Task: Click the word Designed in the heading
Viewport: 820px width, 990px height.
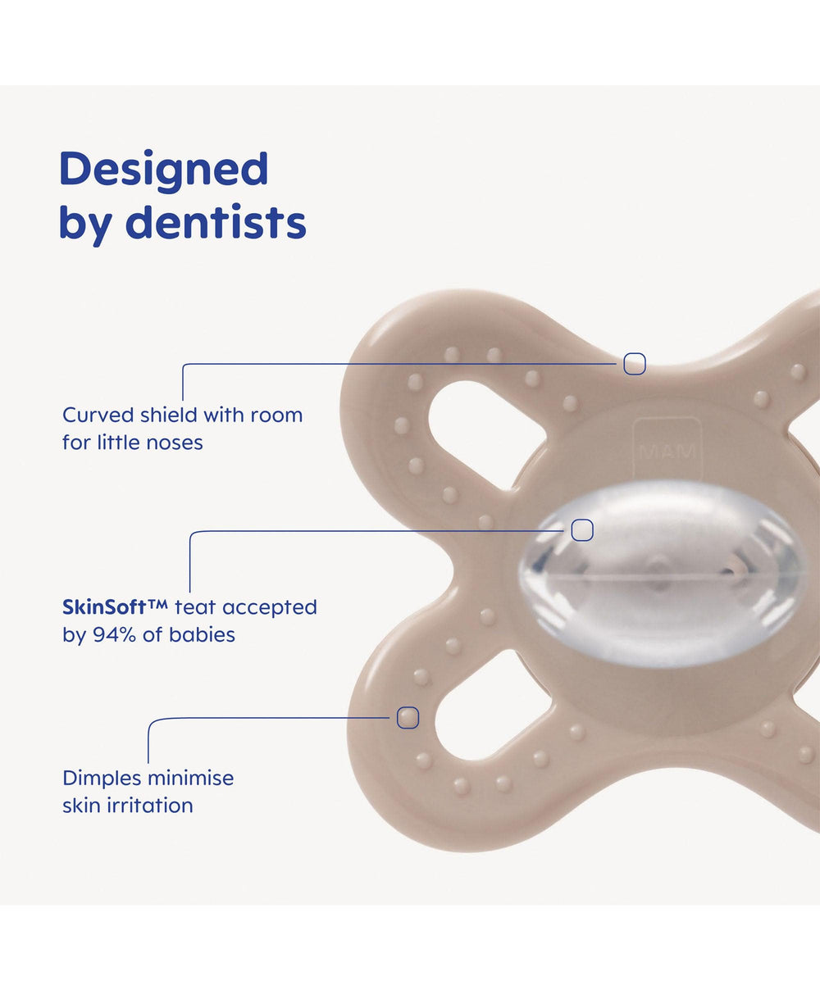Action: coord(164,170)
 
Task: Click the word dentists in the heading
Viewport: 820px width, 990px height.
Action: coord(216,222)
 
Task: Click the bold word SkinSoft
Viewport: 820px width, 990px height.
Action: coord(104,607)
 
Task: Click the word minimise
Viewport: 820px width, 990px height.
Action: coord(191,778)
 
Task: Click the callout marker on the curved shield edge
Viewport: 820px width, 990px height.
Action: coord(635,364)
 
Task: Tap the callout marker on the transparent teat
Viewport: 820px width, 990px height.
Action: coord(582,530)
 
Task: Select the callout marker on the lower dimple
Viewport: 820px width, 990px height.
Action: coord(408,717)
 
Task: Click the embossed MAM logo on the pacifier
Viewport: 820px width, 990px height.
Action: coord(667,452)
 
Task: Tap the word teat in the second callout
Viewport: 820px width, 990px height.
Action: coord(195,607)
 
